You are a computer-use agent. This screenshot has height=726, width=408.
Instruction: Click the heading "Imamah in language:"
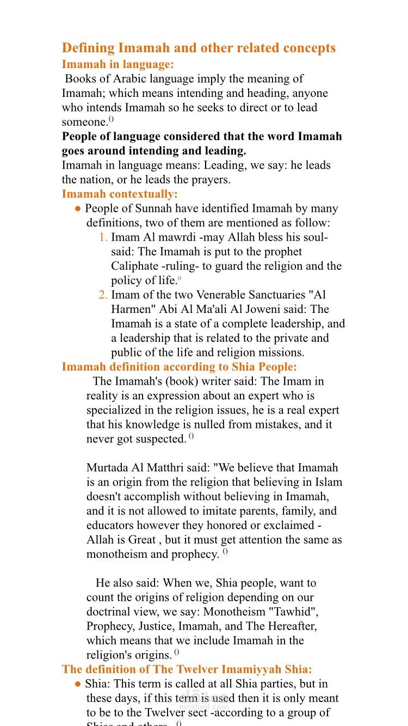pos(118,64)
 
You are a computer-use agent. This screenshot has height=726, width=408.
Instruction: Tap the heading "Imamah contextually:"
pos(120,194)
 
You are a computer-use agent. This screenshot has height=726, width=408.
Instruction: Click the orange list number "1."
pos(103,237)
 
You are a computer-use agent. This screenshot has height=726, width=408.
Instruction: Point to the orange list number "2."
pos(103,295)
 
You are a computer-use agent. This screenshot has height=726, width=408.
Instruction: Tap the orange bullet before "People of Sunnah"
pos(78,208)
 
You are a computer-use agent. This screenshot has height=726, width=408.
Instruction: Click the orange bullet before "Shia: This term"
pos(78,684)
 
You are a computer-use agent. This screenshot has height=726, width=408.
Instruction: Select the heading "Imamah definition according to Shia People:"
pos(180,367)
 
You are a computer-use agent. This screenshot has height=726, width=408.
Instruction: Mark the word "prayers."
pos(211,179)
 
